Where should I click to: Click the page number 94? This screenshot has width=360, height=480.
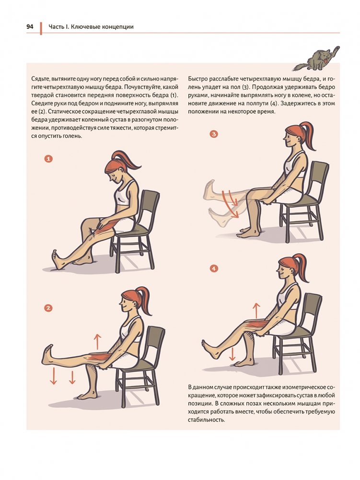[30, 27]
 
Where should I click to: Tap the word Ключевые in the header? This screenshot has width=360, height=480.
[83, 27]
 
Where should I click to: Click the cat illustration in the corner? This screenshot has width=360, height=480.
[316, 59]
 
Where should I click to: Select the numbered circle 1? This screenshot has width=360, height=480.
[48, 159]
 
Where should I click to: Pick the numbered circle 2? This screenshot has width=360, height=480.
[48, 308]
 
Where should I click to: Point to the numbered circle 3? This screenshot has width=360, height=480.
[214, 134]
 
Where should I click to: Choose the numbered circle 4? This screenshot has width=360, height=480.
[214, 269]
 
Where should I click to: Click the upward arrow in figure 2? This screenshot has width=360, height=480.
[97, 341]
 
